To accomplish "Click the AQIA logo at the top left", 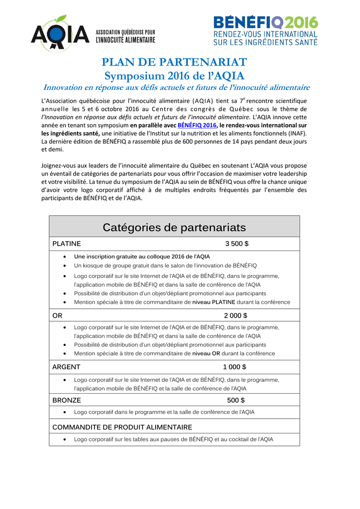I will (60, 34).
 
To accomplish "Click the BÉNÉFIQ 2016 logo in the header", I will (265, 31).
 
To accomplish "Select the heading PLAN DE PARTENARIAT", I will (174, 62).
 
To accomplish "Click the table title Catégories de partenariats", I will (174, 228).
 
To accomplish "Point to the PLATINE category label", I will (67, 244).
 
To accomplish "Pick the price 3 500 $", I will (237, 244).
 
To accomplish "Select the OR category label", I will (58, 315).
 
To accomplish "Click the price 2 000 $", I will (236, 315).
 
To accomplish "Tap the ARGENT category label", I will (66, 367).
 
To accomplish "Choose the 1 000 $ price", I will (234, 367).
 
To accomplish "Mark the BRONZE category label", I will (67, 400).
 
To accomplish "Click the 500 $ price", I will (236, 400).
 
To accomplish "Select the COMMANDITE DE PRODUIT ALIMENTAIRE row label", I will (122, 427).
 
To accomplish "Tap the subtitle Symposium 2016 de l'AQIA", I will (174, 76).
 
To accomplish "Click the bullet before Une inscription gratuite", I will (66, 257).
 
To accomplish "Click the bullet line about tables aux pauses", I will (174, 439).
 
